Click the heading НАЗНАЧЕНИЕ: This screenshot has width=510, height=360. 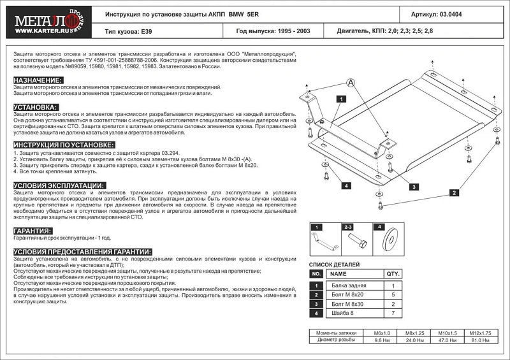click(x=38, y=80)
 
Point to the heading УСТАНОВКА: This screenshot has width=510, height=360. click(x=36, y=107)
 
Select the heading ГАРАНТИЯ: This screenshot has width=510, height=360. click(x=33, y=231)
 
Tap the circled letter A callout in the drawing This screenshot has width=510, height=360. click(x=350, y=82)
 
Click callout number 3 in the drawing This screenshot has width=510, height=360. click(x=414, y=187)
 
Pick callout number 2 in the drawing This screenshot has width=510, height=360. click(x=454, y=192)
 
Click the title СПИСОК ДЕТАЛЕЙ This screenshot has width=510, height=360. click(x=335, y=264)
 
